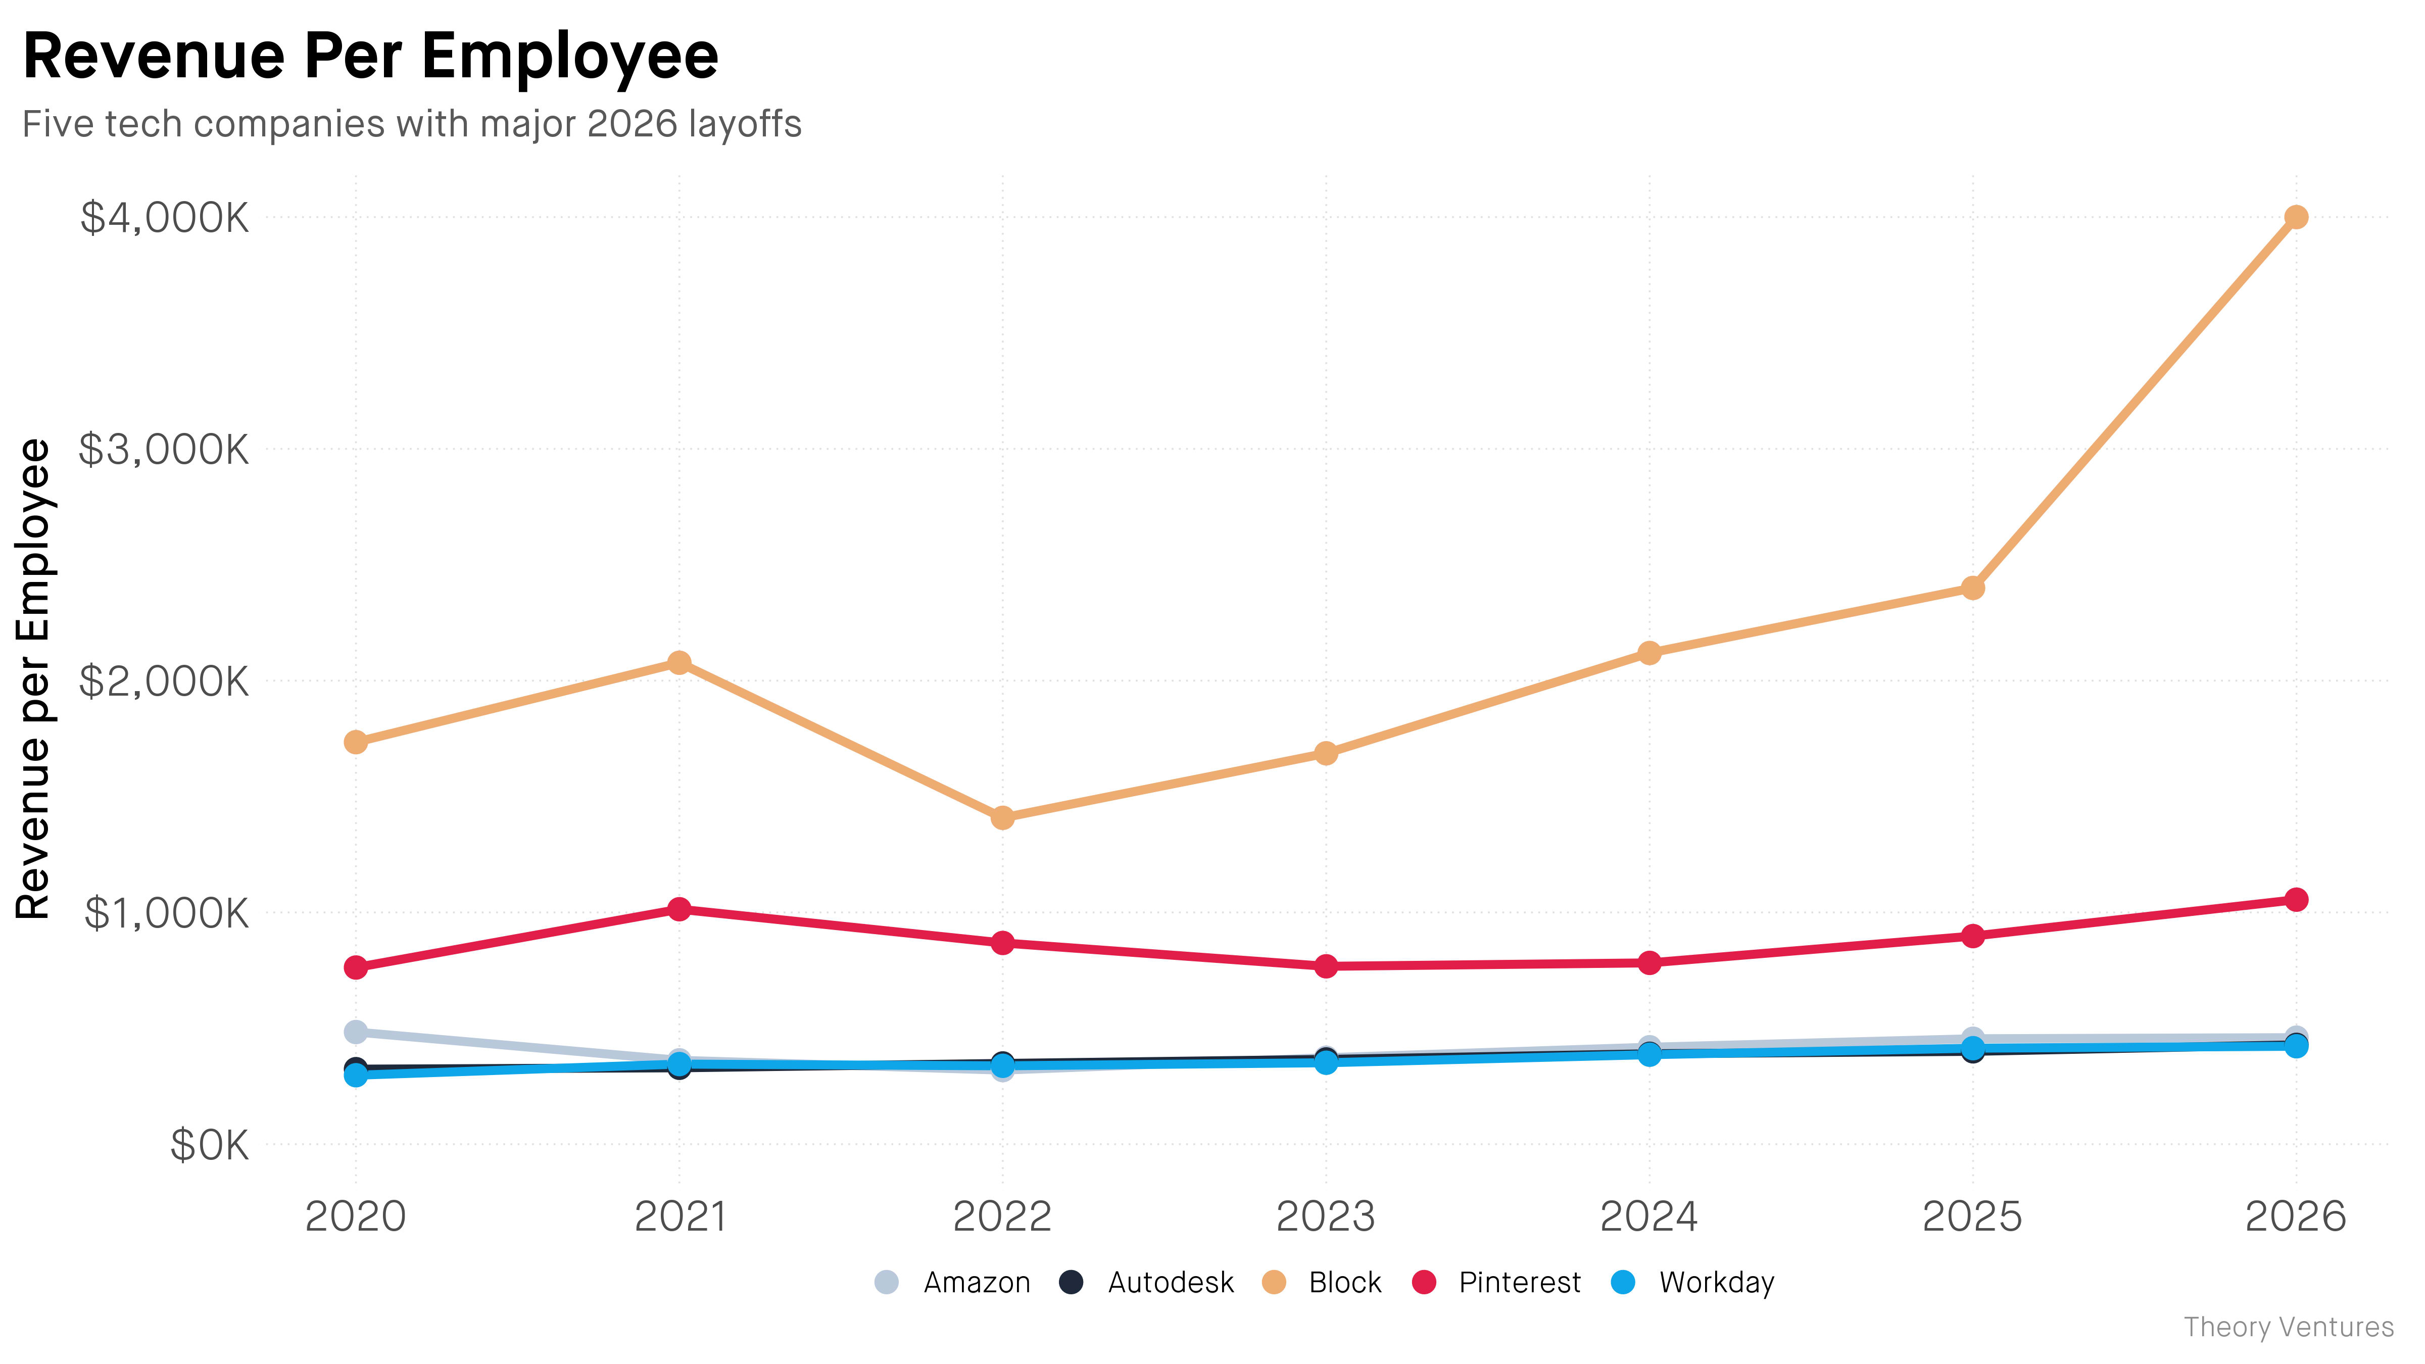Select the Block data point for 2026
[2296, 217]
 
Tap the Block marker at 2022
[1002, 818]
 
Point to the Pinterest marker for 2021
[678, 909]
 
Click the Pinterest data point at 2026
[2296, 900]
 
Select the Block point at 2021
[678, 663]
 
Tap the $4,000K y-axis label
[165, 217]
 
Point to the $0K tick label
[209, 1146]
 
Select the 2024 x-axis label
[1650, 1217]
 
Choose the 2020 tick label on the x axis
[356, 1217]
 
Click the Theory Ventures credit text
[2289, 1327]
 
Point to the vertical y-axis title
[34, 679]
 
